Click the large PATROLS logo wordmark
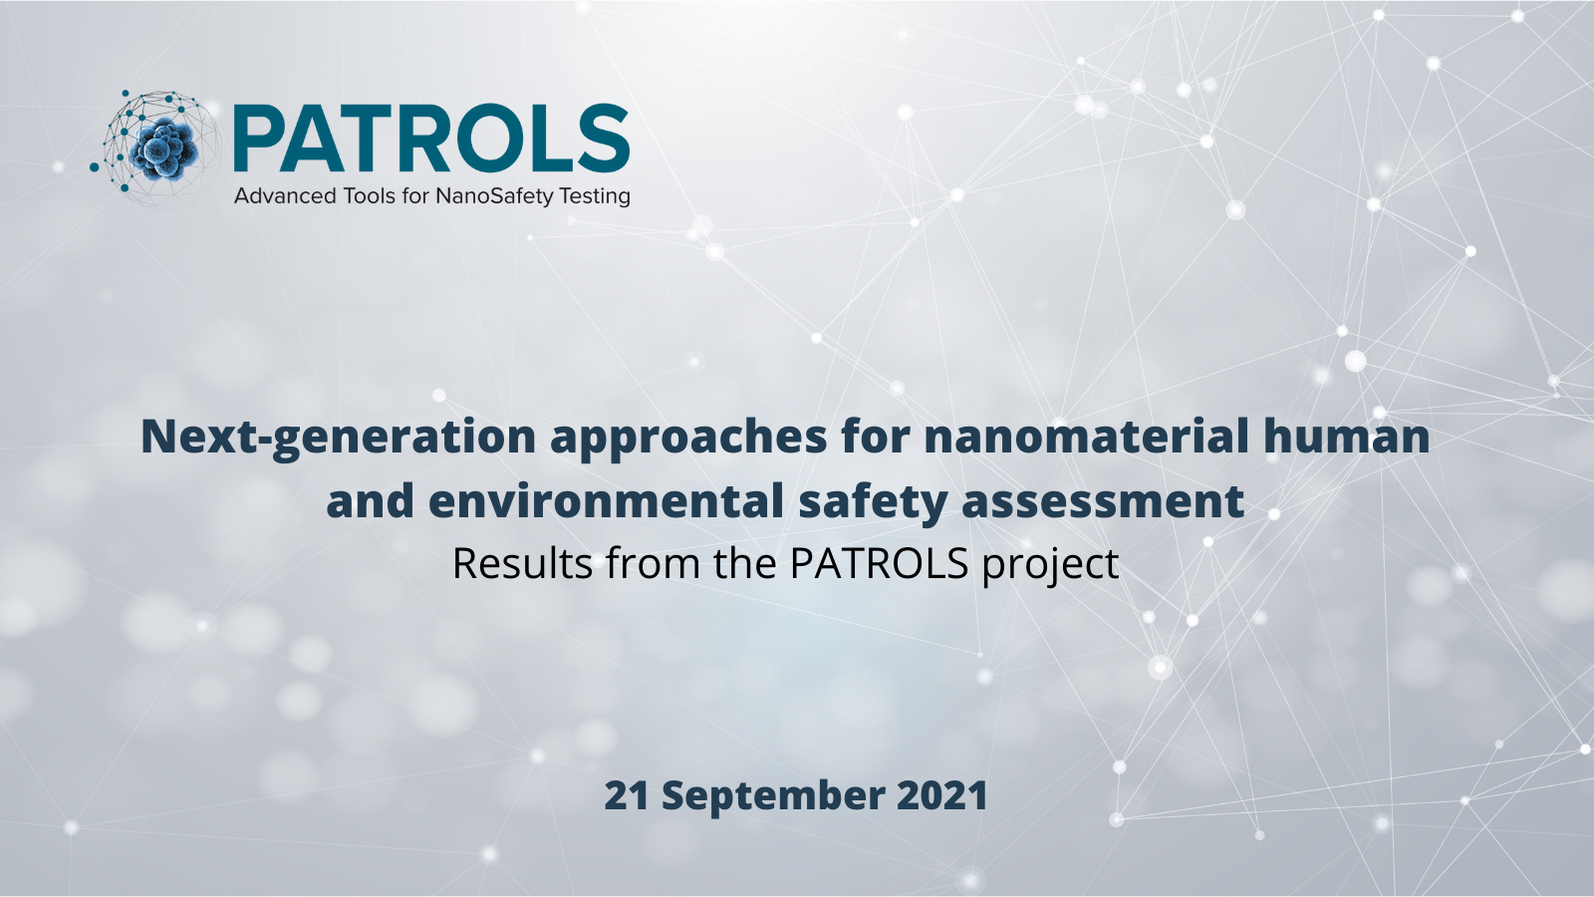431,139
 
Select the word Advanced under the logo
285,195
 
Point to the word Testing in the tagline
595,196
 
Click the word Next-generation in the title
338,438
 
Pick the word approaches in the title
688,438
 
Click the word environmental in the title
607,500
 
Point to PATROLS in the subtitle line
880,563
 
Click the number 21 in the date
627,795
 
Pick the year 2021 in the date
942,795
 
